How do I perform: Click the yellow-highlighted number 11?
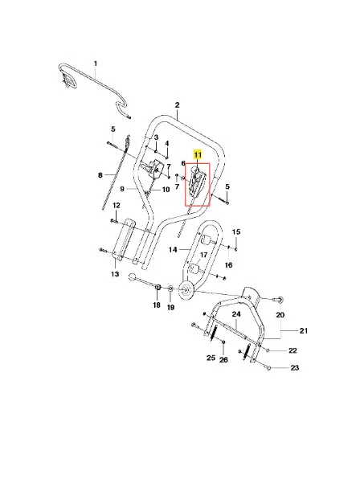click(198, 155)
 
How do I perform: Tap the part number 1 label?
click(96, 63)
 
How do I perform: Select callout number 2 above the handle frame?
click(177, 105)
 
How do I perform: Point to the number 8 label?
click(100, 175)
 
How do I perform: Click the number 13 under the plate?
click(115, 274)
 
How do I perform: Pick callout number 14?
click(173, 250)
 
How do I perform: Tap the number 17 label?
click(203, 255)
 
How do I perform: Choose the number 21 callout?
click(303, 330)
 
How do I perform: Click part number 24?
click(236, 314)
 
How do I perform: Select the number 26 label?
click(223, 360)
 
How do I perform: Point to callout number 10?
click(166, 190)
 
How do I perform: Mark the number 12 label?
click(117, 205)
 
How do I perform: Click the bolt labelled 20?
click(280, 299)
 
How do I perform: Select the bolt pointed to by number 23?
click(269, 368)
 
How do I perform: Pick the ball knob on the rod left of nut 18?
click(132, 276)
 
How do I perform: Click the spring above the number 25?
click(215, 332)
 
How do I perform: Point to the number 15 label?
click(236, 231)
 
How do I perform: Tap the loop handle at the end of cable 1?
click(67, 80)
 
